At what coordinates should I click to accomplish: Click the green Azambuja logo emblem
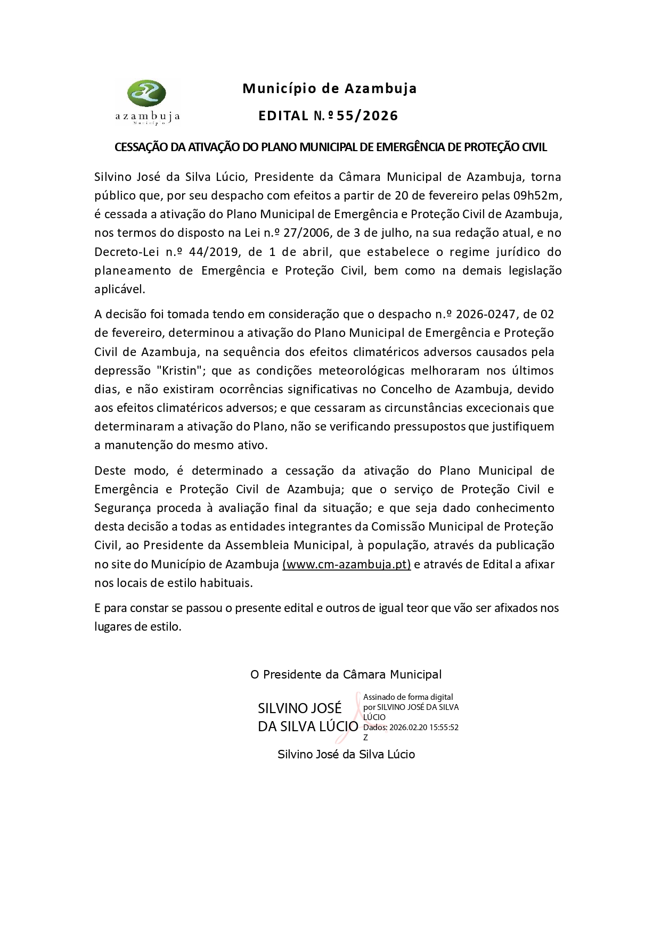pyautogui.click(x=146, y=94)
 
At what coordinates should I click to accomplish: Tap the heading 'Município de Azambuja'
pyautogui.click(x=330, y=89)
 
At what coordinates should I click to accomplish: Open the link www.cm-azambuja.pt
pyautogui.click(x=347, y=564)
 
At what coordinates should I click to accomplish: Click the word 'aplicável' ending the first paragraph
pyautogui.click(x=119, y=290)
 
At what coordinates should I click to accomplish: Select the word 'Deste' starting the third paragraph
pyautogui.click(x=111, y=470)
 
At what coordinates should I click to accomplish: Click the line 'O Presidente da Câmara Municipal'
pyautogui.click(x=346, y=675)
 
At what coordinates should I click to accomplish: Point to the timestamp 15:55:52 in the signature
pyautogui.click(x=440, y=728)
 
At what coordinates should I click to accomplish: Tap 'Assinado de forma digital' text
pyautogui.click(x=408, y=697)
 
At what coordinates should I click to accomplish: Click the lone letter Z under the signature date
pyautogui.click(x=365, y=738)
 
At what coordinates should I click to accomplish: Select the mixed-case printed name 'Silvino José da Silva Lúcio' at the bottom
pyautogui.click(x=346, y=754)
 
